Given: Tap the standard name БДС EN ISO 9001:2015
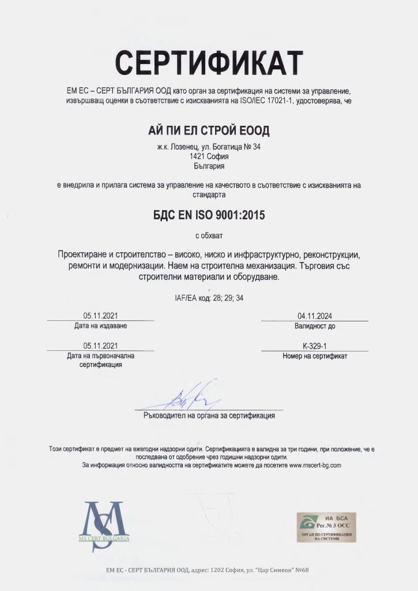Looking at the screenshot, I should point(209,215).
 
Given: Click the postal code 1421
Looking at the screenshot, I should point(198,156).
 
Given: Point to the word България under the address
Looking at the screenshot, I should point(209,166).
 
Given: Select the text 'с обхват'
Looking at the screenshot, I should point(209,235).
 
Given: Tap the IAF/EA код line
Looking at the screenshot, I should point(209,298).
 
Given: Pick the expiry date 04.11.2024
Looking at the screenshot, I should point(314,316).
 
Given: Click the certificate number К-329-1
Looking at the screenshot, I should point(314,346).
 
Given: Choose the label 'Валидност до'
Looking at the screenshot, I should point(315,326).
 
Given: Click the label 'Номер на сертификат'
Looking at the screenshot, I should point(315,356).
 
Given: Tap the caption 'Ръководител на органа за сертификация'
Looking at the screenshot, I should point(209,415).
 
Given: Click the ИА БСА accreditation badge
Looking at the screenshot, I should point(326,526).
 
